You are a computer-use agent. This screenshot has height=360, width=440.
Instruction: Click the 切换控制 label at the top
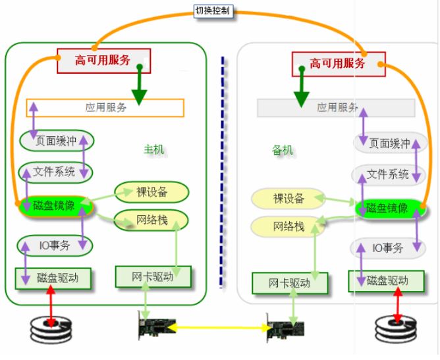tap(213, 11)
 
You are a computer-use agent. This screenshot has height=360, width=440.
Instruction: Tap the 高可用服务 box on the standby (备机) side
tap(338, 64)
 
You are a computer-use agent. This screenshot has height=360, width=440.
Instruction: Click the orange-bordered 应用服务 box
tap(105, 107)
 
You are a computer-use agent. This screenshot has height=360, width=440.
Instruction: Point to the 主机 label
tap(154, 149)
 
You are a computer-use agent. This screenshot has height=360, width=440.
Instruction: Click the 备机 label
tap(283, 150)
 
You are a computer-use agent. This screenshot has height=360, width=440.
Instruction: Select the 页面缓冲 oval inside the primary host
tap(56, 140)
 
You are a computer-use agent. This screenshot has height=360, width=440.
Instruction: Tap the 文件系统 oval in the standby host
tap(387, 174)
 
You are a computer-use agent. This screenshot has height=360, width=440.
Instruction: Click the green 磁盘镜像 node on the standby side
tap(387, 209)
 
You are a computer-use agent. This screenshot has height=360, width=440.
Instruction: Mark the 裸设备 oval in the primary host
tap(151, 192)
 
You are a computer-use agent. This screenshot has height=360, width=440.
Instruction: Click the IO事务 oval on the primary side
tap(55, 245)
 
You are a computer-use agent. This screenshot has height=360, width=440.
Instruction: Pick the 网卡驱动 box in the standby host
tap(289, 283)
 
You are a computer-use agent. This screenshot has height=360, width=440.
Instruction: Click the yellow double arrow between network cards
tap(222, 326)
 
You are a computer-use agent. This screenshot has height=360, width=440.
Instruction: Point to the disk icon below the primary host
tap(53, 326)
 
